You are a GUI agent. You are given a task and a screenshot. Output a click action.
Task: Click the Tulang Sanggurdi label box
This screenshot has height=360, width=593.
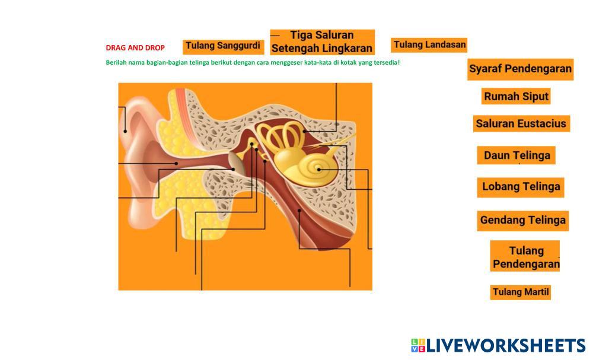tap(223, 46)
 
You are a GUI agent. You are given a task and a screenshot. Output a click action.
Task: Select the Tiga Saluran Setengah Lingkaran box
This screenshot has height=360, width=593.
tap(322, 42)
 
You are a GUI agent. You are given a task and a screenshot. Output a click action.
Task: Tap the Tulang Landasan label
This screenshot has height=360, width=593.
tap(429, 44)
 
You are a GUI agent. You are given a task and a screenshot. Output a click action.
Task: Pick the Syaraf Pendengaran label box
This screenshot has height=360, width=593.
tap(520, 69)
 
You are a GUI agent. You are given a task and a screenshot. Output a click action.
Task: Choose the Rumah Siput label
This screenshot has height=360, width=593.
tap(516, 96)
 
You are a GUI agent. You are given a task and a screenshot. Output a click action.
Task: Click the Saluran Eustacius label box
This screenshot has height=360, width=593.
tap(521, 124)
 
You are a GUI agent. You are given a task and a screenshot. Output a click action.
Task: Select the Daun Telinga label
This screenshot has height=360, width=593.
tap(517, 155)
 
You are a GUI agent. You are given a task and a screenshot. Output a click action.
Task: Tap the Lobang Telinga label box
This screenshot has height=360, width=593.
tap(521, 187)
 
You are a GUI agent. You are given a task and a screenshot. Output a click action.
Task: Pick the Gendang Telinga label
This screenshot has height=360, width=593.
tap(522, 220)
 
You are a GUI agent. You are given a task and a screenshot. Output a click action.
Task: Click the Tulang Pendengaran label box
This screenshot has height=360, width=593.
tap(525, 257)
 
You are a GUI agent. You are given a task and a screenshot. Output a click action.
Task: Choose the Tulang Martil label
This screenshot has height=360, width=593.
tap(521, 292)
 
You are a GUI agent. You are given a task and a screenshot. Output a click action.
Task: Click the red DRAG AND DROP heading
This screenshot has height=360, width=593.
tap(135, 48)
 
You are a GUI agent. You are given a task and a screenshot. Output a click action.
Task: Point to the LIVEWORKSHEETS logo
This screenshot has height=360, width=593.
tap(498, 345)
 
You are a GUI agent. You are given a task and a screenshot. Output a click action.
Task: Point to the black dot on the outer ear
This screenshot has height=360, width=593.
tap(125, 131)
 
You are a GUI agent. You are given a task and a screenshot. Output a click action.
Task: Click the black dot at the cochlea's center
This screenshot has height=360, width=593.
tap(319, 169)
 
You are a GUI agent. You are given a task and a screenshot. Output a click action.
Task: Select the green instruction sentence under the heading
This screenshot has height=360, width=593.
tap(253, 62)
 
